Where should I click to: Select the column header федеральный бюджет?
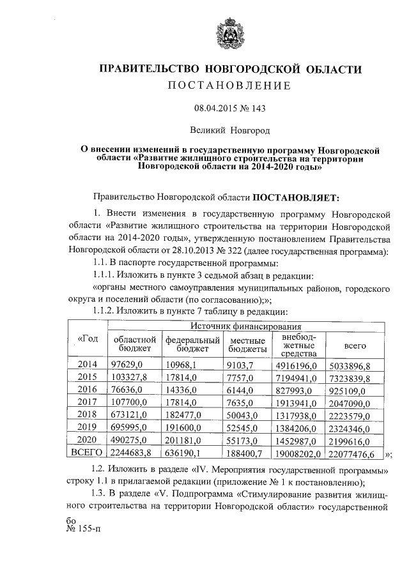click(x=192, y=345)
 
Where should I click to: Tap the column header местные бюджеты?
click(x=247, y=345)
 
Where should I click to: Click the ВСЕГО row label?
click(x=87, y=454)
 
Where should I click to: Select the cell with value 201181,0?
click(x=183, y=441)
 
